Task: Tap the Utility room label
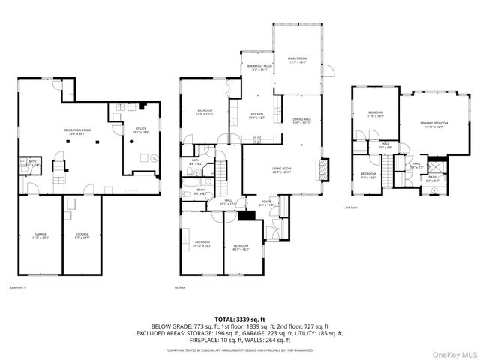pyautogui.click(x=140, y=130)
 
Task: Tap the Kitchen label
pyautogui.click(x=258, y=115)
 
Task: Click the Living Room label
pyautogui.click(x=282, y=169)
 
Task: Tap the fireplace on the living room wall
pyautogui.click(x=324, y=169)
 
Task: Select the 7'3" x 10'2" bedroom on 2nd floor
pyautogui.click(x=369, y=177)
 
